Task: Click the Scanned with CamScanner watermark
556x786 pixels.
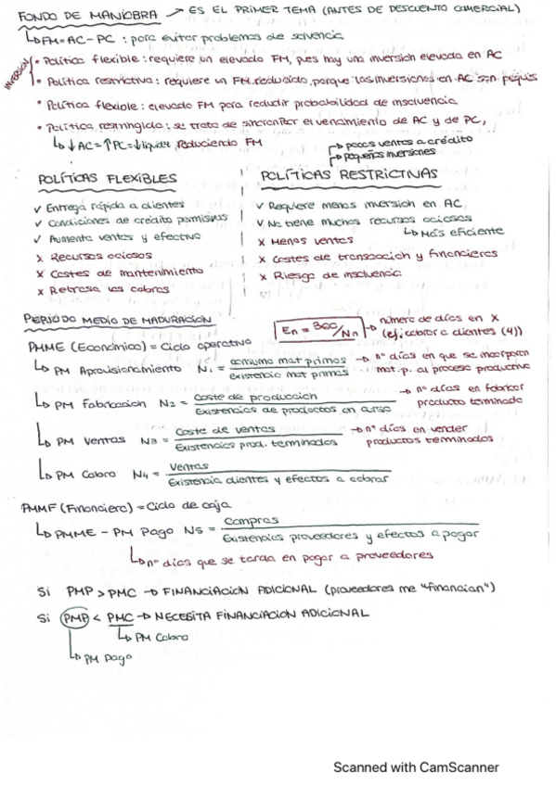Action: (416, 767)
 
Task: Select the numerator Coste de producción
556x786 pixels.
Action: (240, 397)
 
